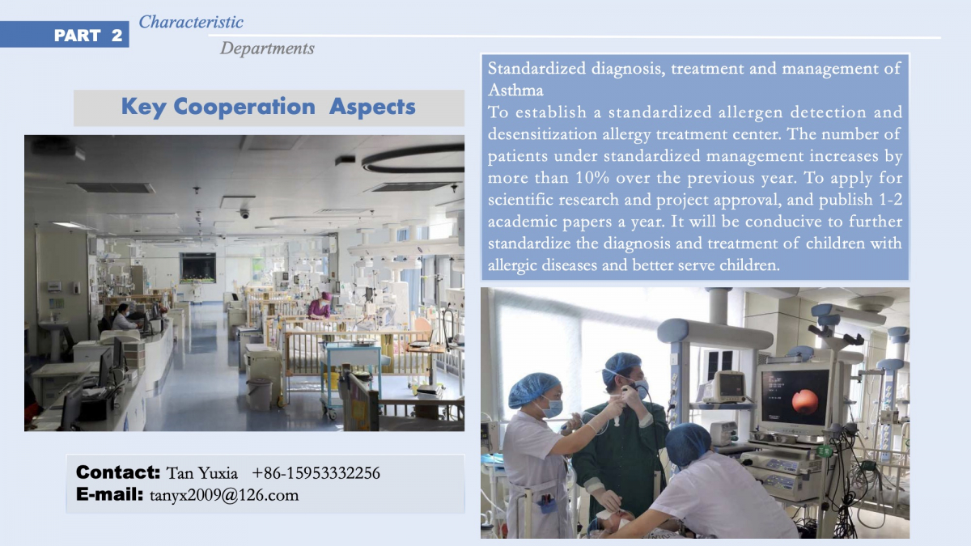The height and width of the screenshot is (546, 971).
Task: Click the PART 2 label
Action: [x=88, y=35]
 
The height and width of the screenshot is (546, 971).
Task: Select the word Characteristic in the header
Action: [x=191, y=22]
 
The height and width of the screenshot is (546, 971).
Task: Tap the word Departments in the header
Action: [x=267, y=48]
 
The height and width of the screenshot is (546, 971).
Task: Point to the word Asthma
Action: [x=515, y=90]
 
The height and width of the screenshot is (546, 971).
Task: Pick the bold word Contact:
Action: [x=118, y=472]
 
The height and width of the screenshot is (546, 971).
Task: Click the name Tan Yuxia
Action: [x=202, y=473]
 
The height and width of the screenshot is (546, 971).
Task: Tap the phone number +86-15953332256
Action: [x=316, y=473]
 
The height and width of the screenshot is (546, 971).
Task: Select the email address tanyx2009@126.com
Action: [x=224, y=495]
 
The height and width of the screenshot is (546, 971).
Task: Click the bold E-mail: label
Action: [x=109, y=494]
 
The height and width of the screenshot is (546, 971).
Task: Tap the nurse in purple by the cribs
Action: [x=320, y=306]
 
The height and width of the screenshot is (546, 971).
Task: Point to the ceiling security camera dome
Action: [x=245, y=214]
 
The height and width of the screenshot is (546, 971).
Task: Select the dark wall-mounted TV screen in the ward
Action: [x=198, y=268]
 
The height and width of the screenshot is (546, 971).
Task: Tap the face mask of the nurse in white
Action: [x=551, y=408]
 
